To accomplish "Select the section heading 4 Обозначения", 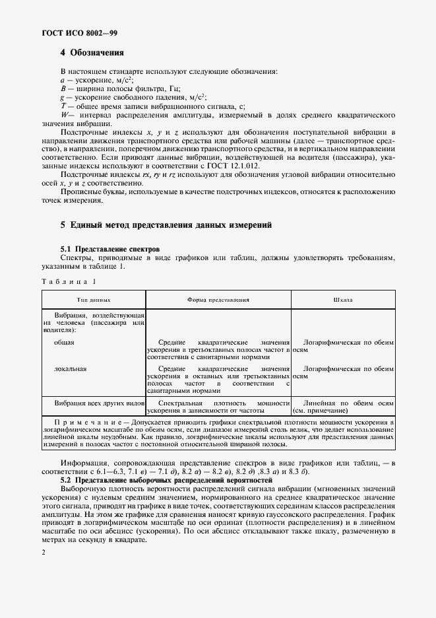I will point(92,53).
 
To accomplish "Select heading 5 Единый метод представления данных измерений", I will point(166,225).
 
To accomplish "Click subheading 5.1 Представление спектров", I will point(109,249).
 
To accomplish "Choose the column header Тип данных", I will point(94,299).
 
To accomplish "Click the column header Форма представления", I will point(218,299).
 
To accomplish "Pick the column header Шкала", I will point(343,299).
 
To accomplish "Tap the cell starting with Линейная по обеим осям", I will point(343,406).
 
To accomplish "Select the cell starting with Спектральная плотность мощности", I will point(218,406).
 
